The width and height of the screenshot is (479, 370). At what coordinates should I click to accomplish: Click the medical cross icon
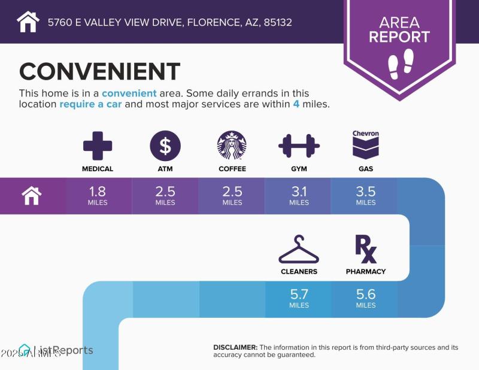[98, 145]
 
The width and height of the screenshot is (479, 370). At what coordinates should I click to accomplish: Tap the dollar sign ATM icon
[165, 145]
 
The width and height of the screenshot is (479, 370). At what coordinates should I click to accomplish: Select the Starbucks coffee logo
[232, 145]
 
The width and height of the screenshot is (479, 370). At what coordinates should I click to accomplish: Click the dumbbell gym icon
[299, 145]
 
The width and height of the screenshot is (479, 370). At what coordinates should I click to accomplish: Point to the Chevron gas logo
[366, 144]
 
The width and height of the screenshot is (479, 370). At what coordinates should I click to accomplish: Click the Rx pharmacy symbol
[366, 249]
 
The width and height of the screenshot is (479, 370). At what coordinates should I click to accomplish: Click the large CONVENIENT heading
[99, 72]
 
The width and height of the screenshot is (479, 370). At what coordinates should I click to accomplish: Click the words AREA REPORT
[399, 30]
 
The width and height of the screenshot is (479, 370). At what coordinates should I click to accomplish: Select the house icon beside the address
[28, 22]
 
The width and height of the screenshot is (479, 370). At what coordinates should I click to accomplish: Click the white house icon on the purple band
[31, 195]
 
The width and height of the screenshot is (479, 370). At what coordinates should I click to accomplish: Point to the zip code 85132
[278, 23]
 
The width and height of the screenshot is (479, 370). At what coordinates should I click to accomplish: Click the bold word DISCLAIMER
[235, 347]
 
